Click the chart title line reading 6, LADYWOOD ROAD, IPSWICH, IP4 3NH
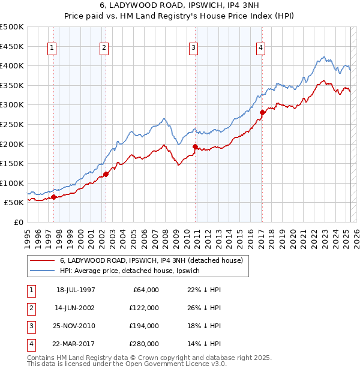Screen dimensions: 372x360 click(180, 6)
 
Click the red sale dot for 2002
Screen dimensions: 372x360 click(106, 175)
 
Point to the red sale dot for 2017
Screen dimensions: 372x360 click(262, 112)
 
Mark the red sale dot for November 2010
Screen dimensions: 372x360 click(195, 146)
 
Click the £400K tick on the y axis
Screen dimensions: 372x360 click(12, 66)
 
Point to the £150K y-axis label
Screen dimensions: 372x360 click(12, 164)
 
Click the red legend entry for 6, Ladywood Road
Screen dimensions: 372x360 click(151, 260)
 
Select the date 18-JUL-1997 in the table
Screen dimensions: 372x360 click(76, 290)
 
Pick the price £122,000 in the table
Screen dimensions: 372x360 click(144, 308)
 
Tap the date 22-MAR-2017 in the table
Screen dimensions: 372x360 click(76, 344)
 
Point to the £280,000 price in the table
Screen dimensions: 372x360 click(144, 344)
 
